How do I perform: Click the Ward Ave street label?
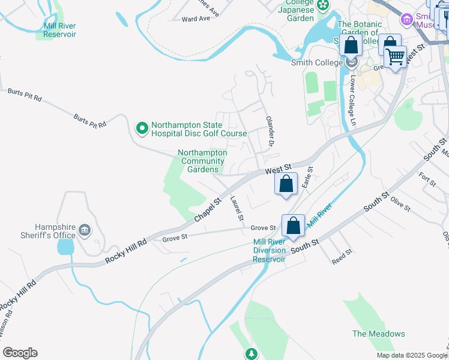[196, 19]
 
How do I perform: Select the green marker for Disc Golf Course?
[142, 128]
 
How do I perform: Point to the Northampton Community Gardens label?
[203, 161]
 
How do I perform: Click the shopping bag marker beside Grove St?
[293, 226]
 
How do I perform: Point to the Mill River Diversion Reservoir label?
[269, 250]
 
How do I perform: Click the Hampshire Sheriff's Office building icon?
[83, 230]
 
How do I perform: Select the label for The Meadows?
[378, 334]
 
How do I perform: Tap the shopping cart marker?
[395, 57]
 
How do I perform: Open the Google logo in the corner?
[20, 353]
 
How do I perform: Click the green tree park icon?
[252, 353]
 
